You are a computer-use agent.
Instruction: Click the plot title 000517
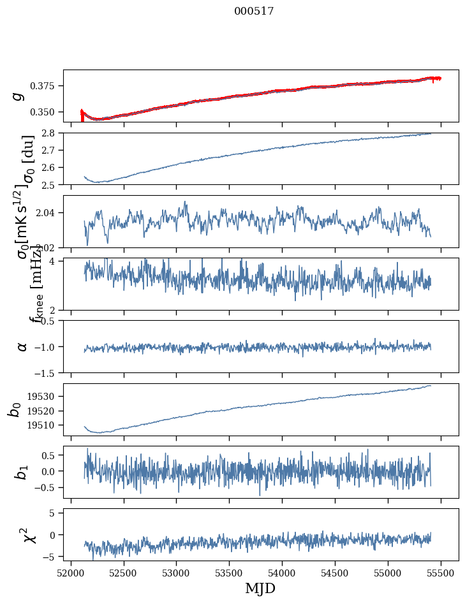(254, 11)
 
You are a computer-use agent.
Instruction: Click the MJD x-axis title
(260, 588)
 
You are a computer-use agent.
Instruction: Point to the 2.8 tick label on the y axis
(51, 133)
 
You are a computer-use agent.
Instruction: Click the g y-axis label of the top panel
(19, 96)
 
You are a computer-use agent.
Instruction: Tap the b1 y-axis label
(22, 472)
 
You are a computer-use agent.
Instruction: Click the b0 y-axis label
(15, 409)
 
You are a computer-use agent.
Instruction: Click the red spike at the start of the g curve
(82, 115)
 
